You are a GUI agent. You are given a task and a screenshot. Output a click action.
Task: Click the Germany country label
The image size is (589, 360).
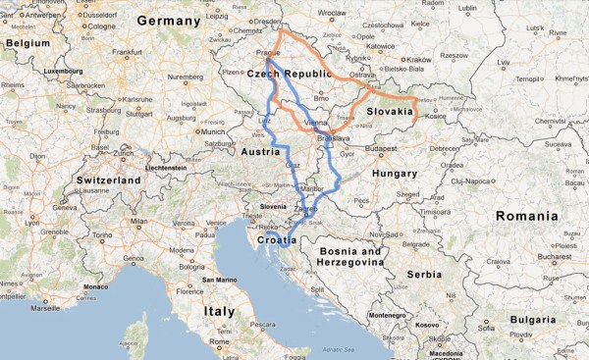[168, 21]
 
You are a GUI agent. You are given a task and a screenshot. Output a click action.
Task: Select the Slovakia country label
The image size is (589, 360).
[390, 112]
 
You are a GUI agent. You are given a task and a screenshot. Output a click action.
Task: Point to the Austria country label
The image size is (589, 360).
[261, 152]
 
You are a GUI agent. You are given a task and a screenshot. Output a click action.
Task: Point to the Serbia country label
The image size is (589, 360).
[425, 276]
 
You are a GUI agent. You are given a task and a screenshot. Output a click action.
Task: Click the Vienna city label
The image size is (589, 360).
[316, 123]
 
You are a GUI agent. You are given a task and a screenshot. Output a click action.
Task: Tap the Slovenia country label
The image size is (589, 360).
[274, 207]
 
